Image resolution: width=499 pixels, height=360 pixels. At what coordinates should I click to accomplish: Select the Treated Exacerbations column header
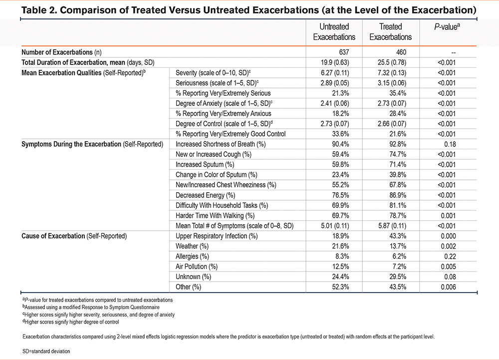(x=391, y=31)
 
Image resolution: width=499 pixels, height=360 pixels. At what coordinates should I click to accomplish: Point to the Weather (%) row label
(x=194, y=246)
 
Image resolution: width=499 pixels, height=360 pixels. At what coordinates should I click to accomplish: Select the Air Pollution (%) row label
(x=197, y=267)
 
